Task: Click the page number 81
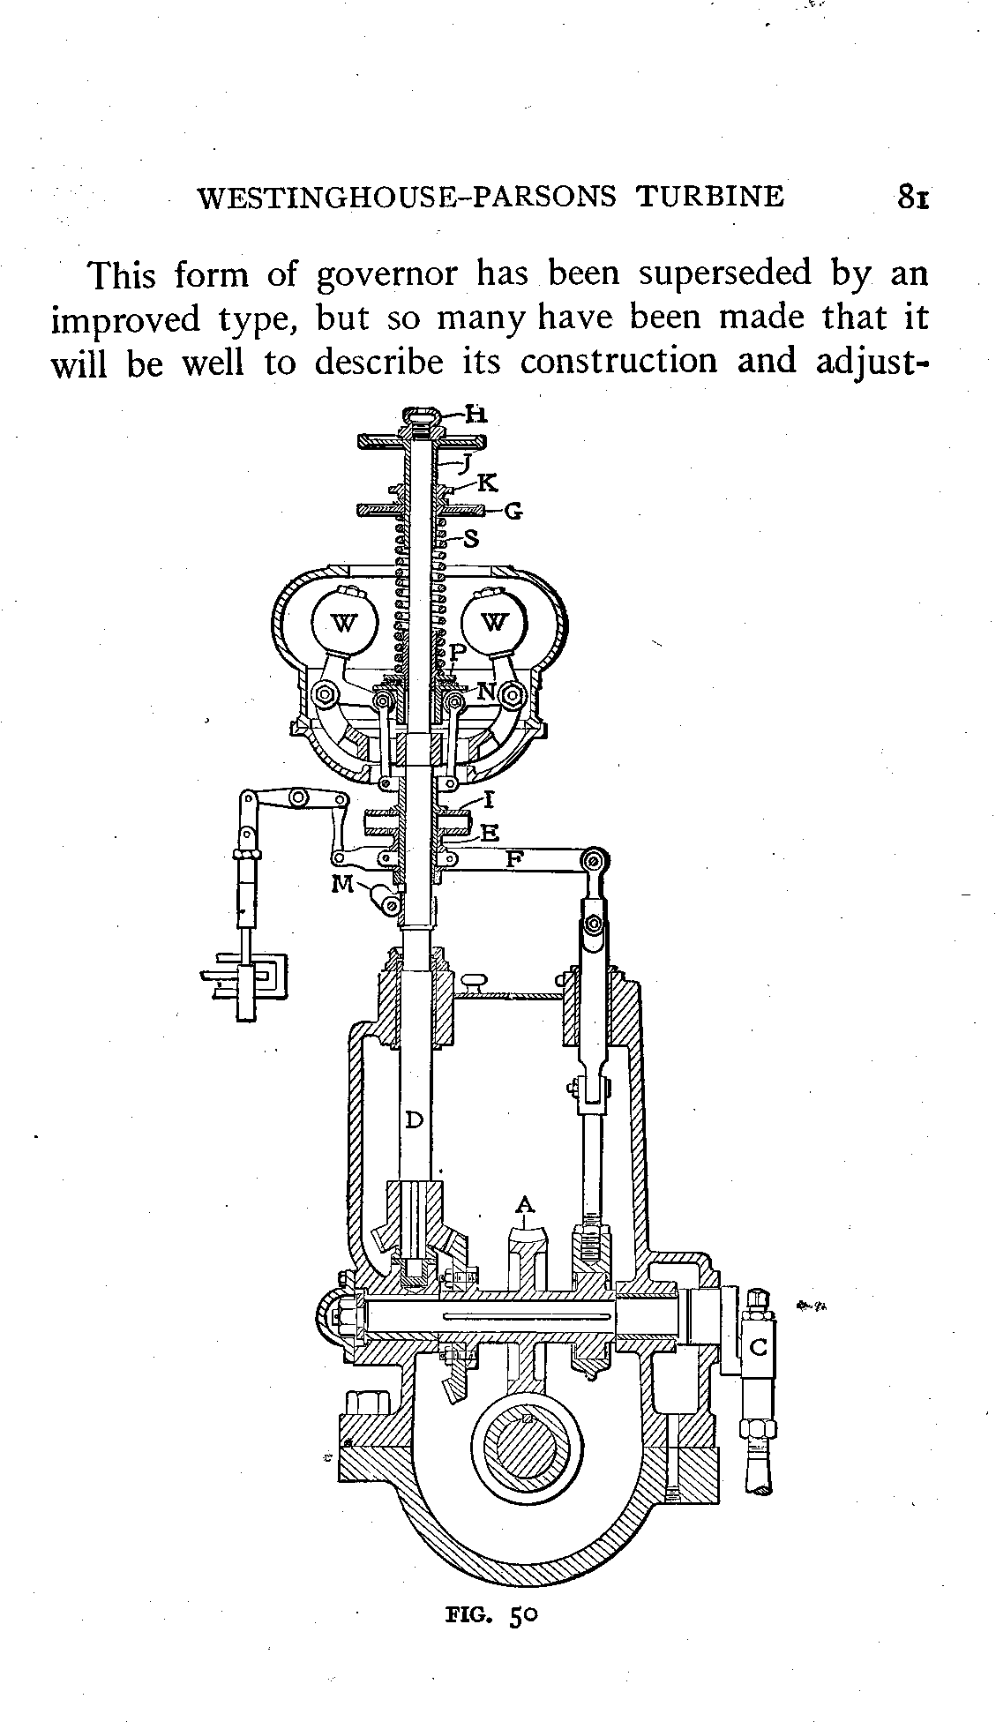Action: point(911,196)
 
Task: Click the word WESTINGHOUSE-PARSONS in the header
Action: point(407,196)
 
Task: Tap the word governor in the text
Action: point(386,275)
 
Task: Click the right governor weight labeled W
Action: point(495,624)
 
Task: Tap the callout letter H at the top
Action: point(476,415)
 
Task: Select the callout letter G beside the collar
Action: point(513,511)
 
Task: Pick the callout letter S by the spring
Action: point(471,537)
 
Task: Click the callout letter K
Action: point(487,482)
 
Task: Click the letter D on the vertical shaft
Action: point(414,1120)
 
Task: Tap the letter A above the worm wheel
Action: point(525,1204)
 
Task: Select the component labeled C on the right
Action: point(758,1347)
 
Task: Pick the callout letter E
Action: point(490,832)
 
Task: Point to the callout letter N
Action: point(485,692)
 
